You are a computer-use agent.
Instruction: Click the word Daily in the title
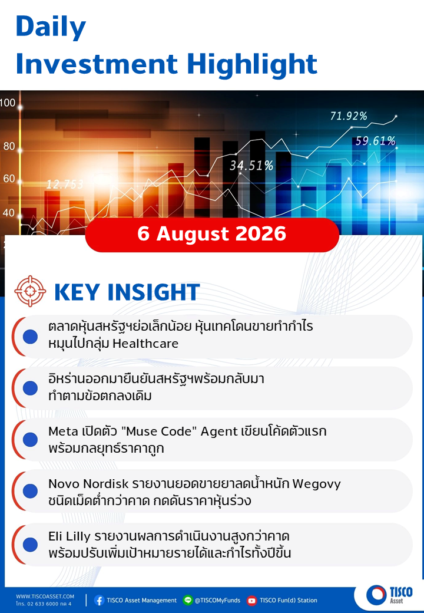[x=51, y=27]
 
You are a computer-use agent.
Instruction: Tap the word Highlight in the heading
[x=252, y=64]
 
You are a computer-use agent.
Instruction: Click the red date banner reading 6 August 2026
[x=212, y=235]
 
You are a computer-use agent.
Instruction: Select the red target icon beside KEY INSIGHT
[x=29, y=291]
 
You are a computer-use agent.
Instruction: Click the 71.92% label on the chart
[x=349, y=116]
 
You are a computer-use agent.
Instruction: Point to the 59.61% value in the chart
[x=375, y=141]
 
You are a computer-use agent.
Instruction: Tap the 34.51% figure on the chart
[x=251, y=166]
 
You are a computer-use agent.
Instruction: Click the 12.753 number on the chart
[x=65, y=184]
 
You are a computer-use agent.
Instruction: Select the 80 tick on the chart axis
[x=9, y=146]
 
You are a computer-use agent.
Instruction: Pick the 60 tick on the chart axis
[x=9, y=179]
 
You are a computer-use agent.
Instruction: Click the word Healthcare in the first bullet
[x=145, y=343]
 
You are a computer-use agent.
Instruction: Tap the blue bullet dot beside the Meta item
[x=30, y=440]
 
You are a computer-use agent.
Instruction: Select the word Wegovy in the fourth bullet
[x=317, y=484]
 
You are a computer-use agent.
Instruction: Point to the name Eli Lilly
[x=69, y=536]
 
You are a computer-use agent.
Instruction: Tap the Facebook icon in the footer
[x=99, y=600]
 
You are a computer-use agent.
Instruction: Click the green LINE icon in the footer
[x=188, y=600]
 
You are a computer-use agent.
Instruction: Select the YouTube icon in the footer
[x=252, y=600]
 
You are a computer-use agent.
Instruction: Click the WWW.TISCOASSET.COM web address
[x=45, y=596]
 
